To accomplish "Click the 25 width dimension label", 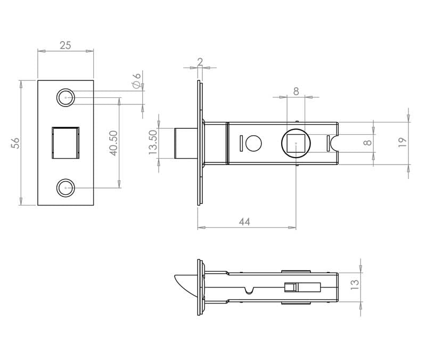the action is click(65, 45).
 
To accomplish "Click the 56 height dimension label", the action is click(15, 143).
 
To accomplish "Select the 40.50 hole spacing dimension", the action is click(113, 143).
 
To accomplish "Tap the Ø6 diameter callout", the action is click(137, 80).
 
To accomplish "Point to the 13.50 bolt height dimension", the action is click(153, 142).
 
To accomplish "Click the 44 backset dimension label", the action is click(244, 222).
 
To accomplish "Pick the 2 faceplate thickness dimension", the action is click(200, 62).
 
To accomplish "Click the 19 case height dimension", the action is click(403, 142).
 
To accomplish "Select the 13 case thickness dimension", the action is click(355, 284).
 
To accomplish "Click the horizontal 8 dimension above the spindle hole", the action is click(296, 91).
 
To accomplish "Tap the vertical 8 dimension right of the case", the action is click(367, 143).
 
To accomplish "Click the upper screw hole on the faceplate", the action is click(65, 97).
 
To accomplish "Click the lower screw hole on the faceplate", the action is click(65, 188).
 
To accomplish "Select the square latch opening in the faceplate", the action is click(65, 143).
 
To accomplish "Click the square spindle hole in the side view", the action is click(296, 143).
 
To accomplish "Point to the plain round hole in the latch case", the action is click(253, 143).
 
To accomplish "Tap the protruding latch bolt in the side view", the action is click(186, 143).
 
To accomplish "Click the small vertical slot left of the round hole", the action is click(241, 143).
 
